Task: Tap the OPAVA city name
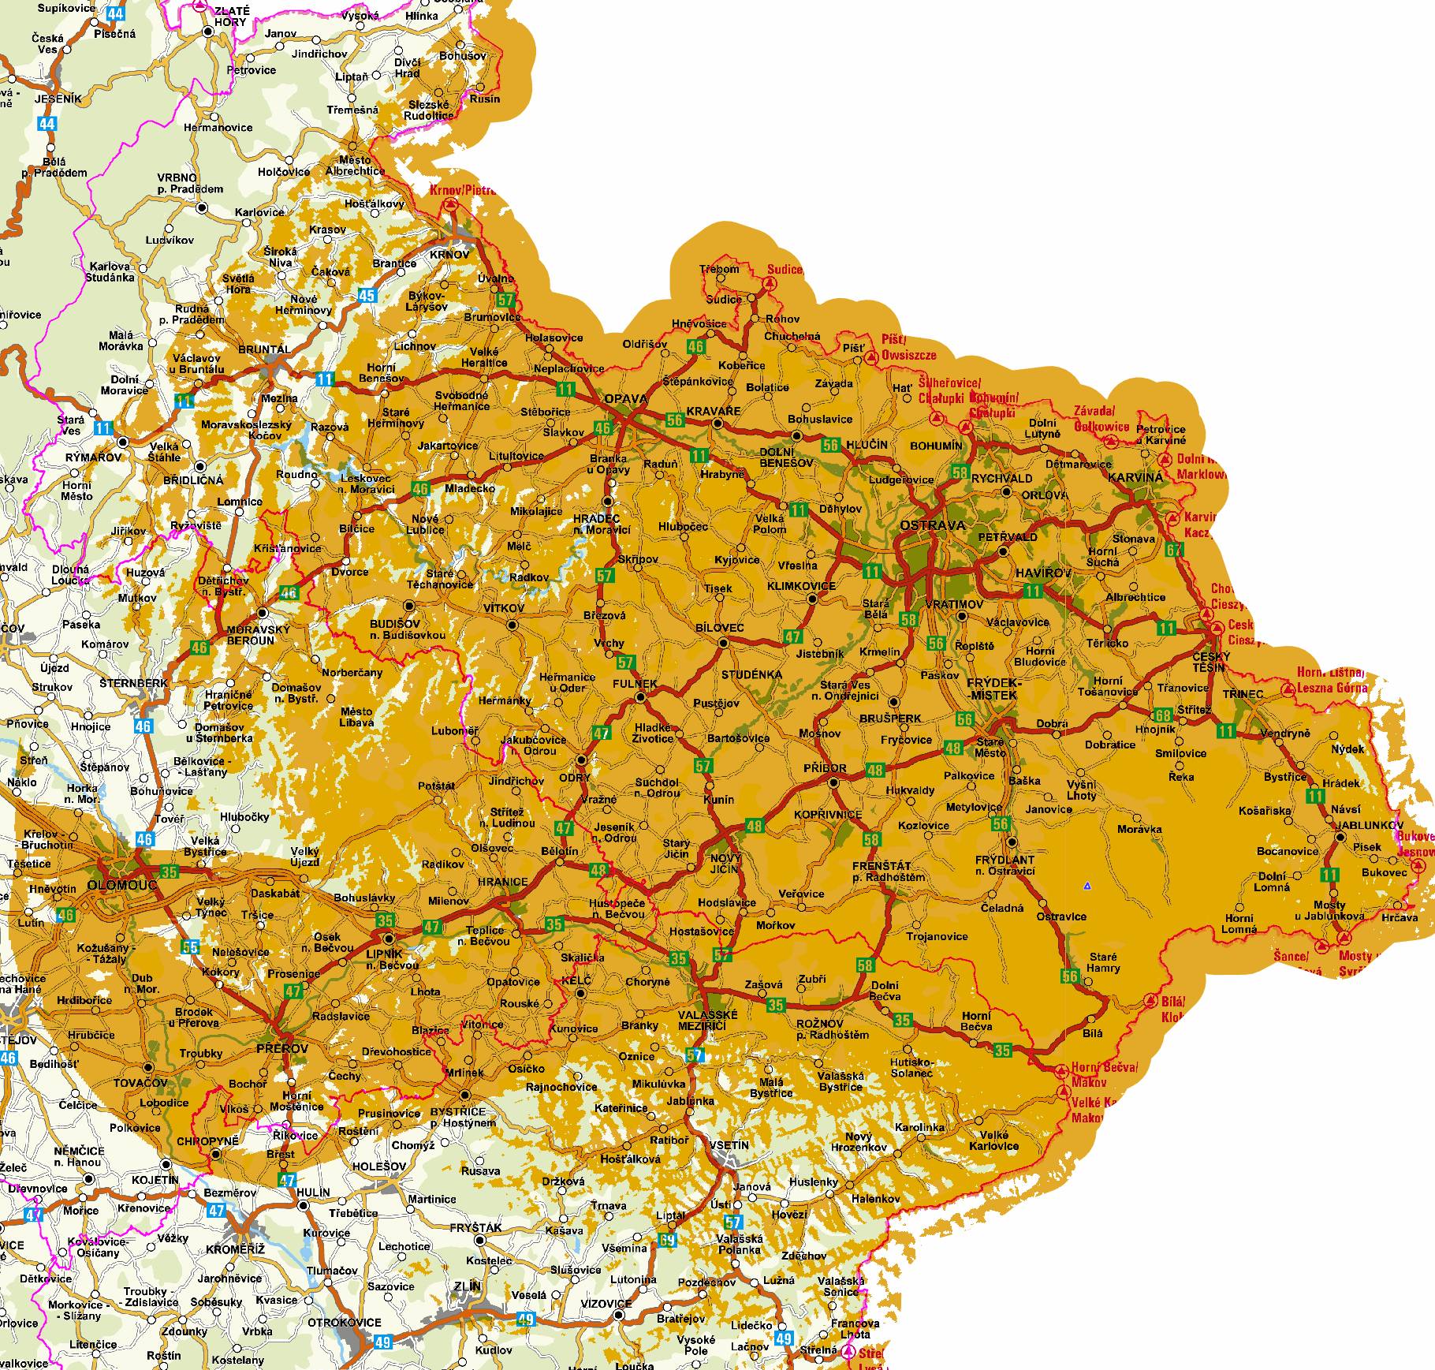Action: (625, 399)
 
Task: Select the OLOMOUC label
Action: (122, 884)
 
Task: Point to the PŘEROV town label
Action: (281, 1047)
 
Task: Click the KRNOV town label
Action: (449, 255)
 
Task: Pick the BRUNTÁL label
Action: (264, 349)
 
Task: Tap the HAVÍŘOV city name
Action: (1043, 573)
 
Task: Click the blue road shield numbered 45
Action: (367, 296)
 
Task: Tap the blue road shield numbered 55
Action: (190, 946)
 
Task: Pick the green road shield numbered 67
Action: (1175, 550)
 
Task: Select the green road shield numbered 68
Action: (1162, 715)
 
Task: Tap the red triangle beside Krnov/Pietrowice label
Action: (450, 203)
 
